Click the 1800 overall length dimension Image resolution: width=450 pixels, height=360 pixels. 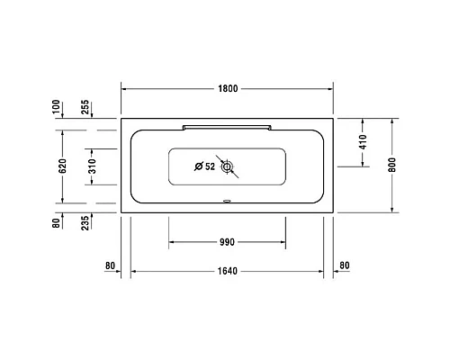pyautogui.click(x=227, y=88)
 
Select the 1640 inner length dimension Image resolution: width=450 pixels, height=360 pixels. pyautogui.click(x=227, y=270)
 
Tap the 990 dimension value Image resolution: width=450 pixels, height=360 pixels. pyautogui.click(x=226, y=241)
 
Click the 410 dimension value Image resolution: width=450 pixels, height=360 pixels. pyautogui.click(x=362, y=142)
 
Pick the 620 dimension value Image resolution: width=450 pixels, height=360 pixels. pyautogui.click(x=61, y=166)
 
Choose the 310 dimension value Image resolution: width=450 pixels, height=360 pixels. pyautogui.click(x=90, y=166)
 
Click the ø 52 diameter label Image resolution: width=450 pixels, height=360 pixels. pyautogui.click(x=205, y=166)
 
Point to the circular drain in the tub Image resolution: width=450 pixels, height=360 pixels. pyautogui.click(x=227, y=166)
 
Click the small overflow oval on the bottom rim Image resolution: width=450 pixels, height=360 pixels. pyautogui.click(x=227, y=202)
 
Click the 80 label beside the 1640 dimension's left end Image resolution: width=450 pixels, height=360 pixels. pyautogui.click(x=112, y=265)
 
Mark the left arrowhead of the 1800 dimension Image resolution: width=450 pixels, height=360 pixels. pyautogui.click(x=124, y=88)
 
